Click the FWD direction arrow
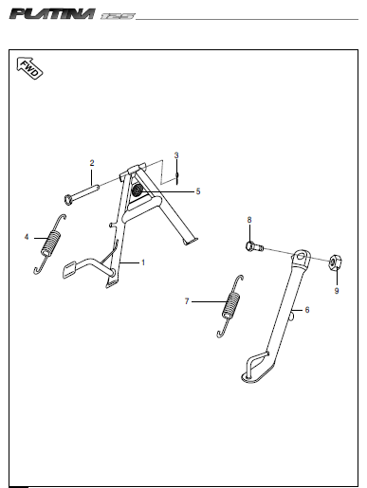click(x=29, y=68)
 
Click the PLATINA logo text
click(x=52, y=14)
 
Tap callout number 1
click(x=143, y=262)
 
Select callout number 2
click(x=92, y=163)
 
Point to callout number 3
click(x=176, y=155)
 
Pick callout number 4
click(x=27, y=237)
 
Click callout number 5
click(x=198, y=191)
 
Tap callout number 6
click(x=307, y=310)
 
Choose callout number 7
click(x=187, y=301)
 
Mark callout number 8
click(x=249, y=220)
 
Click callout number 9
click(x=337, y=291)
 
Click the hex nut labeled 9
click(x=336, y=263)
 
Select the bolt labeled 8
click(x=254, y=246)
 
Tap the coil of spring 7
click(x=231, y=305)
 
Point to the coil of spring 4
click(x=50, y=243)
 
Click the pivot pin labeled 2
click(x=82, y=193)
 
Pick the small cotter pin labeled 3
click(x=177, y=178)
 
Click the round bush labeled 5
click(x=138, y=190)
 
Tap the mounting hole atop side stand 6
click(x=302, y=256)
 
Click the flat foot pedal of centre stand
click(x=70, y=269)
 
